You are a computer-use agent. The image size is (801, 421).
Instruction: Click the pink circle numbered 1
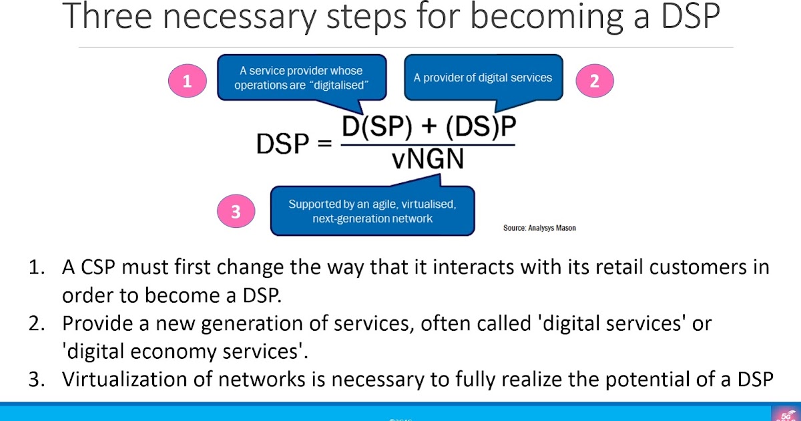(x=187, y=82)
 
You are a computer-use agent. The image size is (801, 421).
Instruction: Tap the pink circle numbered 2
(x=594, y=82)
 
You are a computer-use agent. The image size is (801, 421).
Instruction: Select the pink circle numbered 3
(x=235, y=213)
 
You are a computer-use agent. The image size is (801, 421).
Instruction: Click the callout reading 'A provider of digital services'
(x=483, y=78)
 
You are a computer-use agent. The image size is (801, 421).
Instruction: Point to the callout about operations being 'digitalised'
(x=302, y=78)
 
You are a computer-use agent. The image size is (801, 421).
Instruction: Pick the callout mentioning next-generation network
(x=372, y=211)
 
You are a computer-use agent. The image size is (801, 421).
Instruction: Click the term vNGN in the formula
(x=427, y=160)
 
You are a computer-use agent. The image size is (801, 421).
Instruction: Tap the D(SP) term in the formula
(x=376, y=127)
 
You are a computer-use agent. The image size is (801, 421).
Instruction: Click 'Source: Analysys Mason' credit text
(x=539, y=228)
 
